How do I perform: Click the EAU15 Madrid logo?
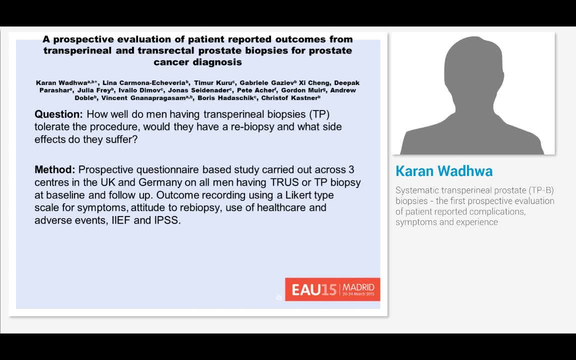332,289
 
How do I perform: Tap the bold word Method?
55,169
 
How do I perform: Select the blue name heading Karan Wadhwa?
444,171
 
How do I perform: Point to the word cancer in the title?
171,62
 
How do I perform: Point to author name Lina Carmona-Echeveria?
145,82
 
